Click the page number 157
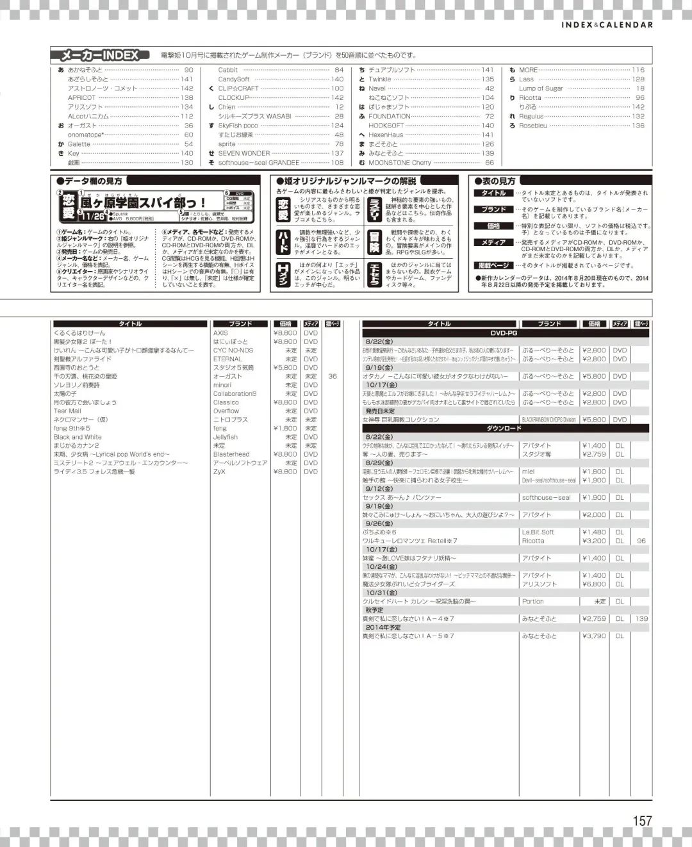[x=642, y=820]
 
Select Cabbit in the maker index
[x=228, y=70]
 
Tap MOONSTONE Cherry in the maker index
[x=400, y=163]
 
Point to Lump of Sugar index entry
[x=541, y=88]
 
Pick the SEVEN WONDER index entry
[x=244, y=153]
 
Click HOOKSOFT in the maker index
[x=386, y=126]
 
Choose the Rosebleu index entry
[x=533, y=126]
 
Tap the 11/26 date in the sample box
[x=94, y=216]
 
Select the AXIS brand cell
[x=220, y=333]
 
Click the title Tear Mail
[x=67, y=411]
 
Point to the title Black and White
[x=78, y=437]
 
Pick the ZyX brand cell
[x=219, y=472]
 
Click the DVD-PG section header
[x=504, y=333]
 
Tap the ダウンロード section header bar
[x=504, y=428]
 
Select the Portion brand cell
[x=532, y=602]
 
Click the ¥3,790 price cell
[x=593, y=636]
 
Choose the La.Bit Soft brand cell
[x=538, y=532]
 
